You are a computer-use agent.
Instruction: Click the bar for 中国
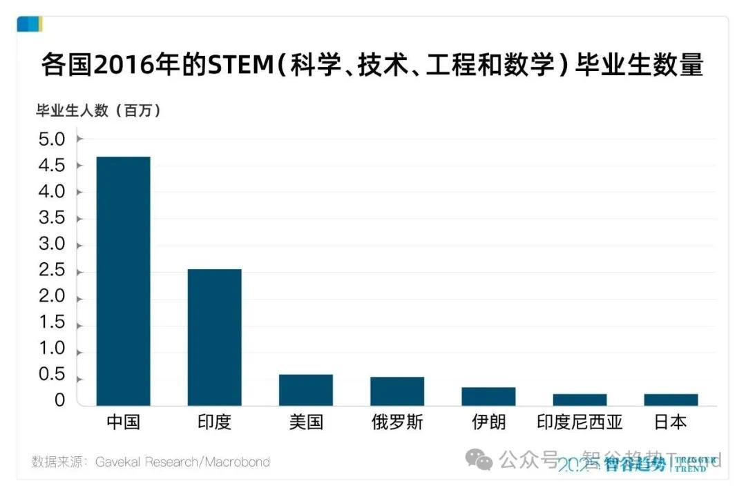click(x=123, y=281)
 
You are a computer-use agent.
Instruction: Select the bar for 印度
click(x=214, y=337)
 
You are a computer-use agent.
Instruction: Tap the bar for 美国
click(x=305, y=389)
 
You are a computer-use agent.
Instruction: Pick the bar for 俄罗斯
click(x=396, y=391)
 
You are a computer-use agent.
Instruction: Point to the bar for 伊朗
click(x=488, y=396)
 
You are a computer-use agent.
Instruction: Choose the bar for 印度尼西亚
click(x=580, y=400)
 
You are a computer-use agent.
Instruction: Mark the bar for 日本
click(x=671, y=400)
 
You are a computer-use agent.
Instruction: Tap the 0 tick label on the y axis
click(x=59, y=401)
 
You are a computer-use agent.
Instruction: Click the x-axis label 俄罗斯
click(x=396, y=422)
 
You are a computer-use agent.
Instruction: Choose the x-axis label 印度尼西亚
click(x=580, y=422)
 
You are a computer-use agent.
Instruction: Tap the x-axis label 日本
click(x=671, y=422)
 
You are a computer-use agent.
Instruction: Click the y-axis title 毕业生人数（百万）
click(x=99, y=110)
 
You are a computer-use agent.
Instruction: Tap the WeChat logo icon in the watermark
click(x=479, y=459)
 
